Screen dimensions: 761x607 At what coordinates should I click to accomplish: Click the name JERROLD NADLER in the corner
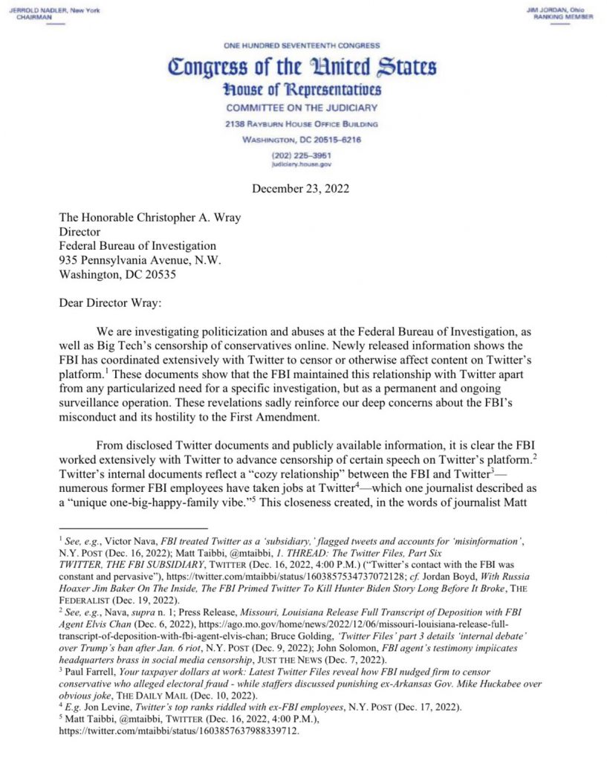point(39,10)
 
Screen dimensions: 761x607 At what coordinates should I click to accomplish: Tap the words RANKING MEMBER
point(563,17)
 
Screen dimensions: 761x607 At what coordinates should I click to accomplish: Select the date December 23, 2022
point(300,189)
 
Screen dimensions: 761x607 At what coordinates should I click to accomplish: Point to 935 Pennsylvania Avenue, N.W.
point(140,259)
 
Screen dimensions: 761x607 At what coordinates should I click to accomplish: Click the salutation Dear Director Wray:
point(115,302)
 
